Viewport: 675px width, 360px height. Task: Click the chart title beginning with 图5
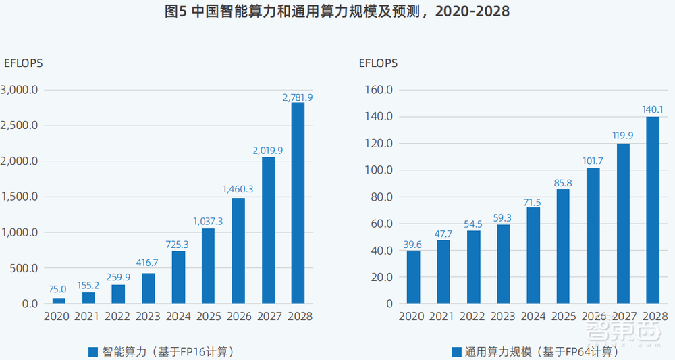(x=337, y=12)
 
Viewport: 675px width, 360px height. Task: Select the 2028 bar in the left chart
(x=298, y=203)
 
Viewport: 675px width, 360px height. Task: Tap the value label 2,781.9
(x=298, y=97)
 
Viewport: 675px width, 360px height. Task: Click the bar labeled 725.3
(x=178, y=277)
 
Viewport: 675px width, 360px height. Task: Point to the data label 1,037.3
(x=208, y=221)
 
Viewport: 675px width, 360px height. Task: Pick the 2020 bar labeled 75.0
(x=59, y=301)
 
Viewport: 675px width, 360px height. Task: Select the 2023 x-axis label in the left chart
(x=148, y=316)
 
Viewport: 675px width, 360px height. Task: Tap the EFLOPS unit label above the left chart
(x=24, y=63)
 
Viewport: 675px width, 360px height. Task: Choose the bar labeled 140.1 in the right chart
(x=653, y=210)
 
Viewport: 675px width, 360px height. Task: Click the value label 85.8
(x=563, y=183)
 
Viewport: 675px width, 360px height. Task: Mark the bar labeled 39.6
(x=413, y=277)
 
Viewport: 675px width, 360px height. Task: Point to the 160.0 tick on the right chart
(x=380, y=90)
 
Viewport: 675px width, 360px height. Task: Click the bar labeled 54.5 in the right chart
(x=473, y=267)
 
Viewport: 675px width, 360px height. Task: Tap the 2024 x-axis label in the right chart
(x=533, y=316)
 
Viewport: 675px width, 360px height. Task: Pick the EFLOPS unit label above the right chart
(x=378, y=63)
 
